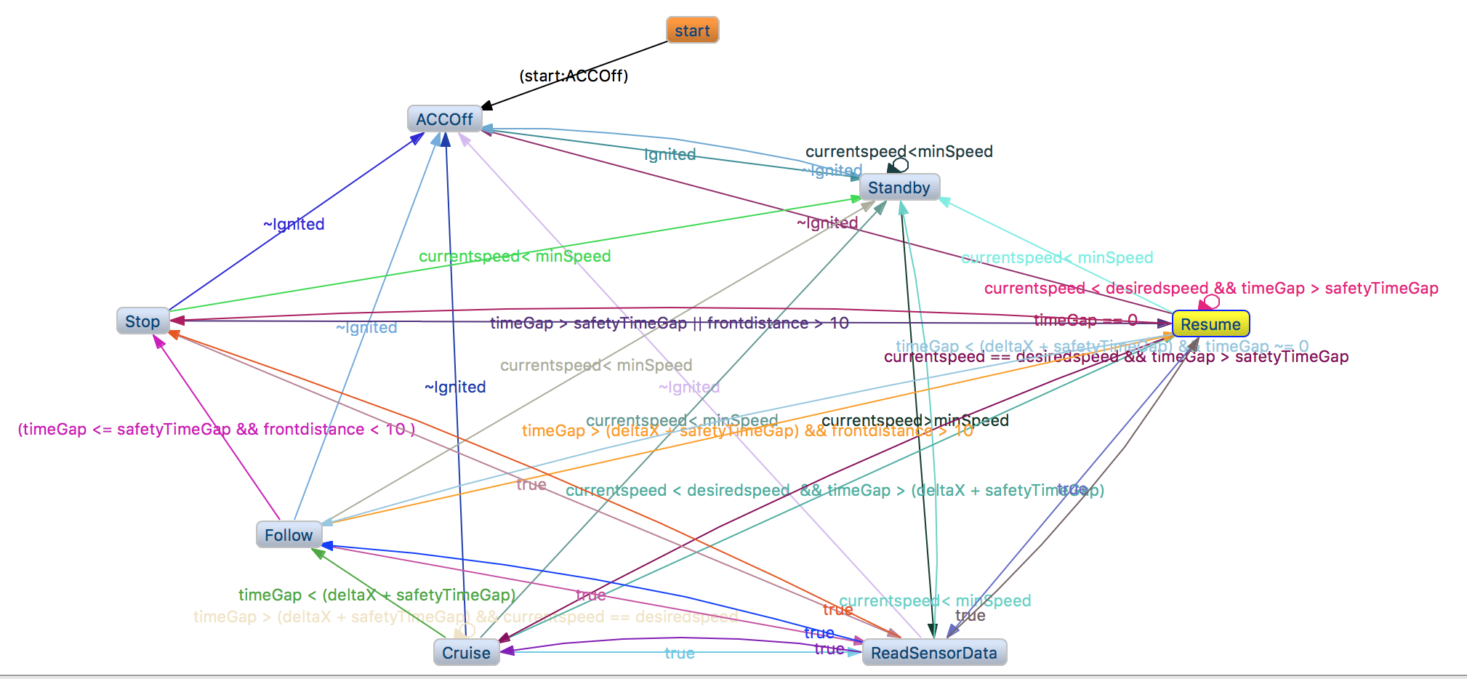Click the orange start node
click(692, 31)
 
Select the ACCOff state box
click(444, 119)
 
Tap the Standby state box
click(899, 188)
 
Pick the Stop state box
click(142, 321)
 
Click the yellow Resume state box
click(1210, 324)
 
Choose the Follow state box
click(289, 535)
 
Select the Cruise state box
click(466, 653)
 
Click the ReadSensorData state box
click(934, 653)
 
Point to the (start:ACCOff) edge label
click(574, 76)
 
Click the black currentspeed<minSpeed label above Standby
click(899, 151)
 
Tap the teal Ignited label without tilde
click(670, 154)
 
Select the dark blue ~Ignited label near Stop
click(294, 224)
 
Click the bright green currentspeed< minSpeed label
click(515, 256)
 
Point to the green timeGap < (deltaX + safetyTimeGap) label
click(377, 595)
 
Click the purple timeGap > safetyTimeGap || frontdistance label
click(669, 323)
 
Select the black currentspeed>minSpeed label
click(915, 420)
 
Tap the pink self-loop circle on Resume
click(1211, 301)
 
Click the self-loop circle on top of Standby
click(901, 165)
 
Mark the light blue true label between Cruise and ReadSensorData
click(680, 653)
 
